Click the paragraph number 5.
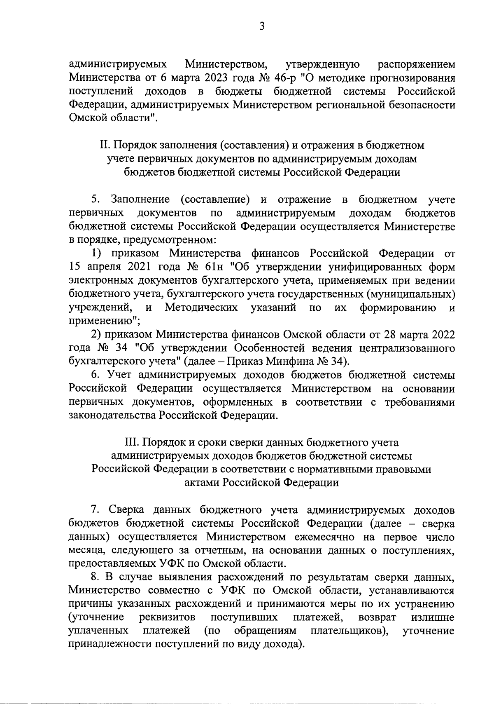95,200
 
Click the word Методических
200,307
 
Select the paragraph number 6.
95,375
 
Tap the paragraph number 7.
95,510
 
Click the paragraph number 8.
95,577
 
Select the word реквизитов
167,617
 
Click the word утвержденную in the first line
322,64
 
